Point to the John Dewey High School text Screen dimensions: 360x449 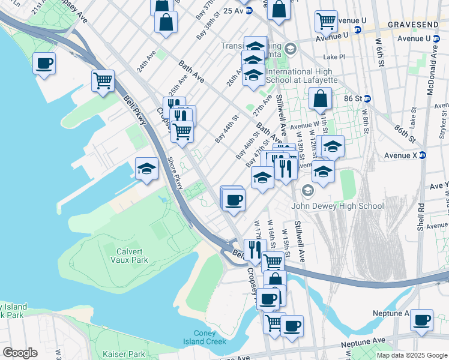[337, 206]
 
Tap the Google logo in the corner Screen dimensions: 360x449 [20, 353]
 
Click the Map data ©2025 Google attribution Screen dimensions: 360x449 [411, 355]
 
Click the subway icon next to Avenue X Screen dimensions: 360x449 [422, 155]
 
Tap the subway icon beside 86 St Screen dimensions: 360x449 [367, 98]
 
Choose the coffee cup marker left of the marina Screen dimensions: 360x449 [44, 63]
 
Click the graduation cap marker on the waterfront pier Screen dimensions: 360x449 [146, 169]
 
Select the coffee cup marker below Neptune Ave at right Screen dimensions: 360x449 [421, 320]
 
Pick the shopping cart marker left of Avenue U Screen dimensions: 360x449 [326, 21]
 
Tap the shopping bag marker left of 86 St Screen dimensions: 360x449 [321, 98]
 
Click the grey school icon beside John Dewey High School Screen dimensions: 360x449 [308, 191]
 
